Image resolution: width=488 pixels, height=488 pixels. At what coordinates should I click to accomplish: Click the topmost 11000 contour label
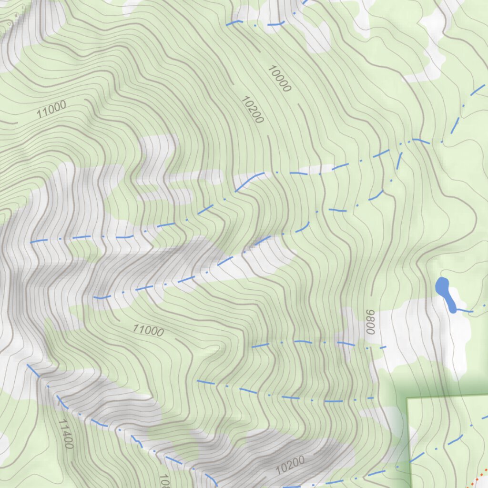click(51, 110)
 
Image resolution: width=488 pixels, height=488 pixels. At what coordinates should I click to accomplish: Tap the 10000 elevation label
click(279, 79)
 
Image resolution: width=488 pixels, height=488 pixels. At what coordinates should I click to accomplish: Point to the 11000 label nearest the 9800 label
click(148, 330)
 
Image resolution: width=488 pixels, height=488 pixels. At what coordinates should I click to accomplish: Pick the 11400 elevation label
click(66, 434)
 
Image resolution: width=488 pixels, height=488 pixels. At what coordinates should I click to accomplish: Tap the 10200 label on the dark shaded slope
click(289, 464)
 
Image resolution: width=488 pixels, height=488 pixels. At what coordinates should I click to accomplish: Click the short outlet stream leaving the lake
click(465, 311)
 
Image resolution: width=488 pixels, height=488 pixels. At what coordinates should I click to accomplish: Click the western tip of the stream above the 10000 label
click(228, 24)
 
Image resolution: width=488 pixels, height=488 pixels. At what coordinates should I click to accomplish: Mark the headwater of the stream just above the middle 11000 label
click(95, 298)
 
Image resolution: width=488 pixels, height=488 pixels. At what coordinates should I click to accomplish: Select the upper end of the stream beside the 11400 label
click(28, 365)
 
